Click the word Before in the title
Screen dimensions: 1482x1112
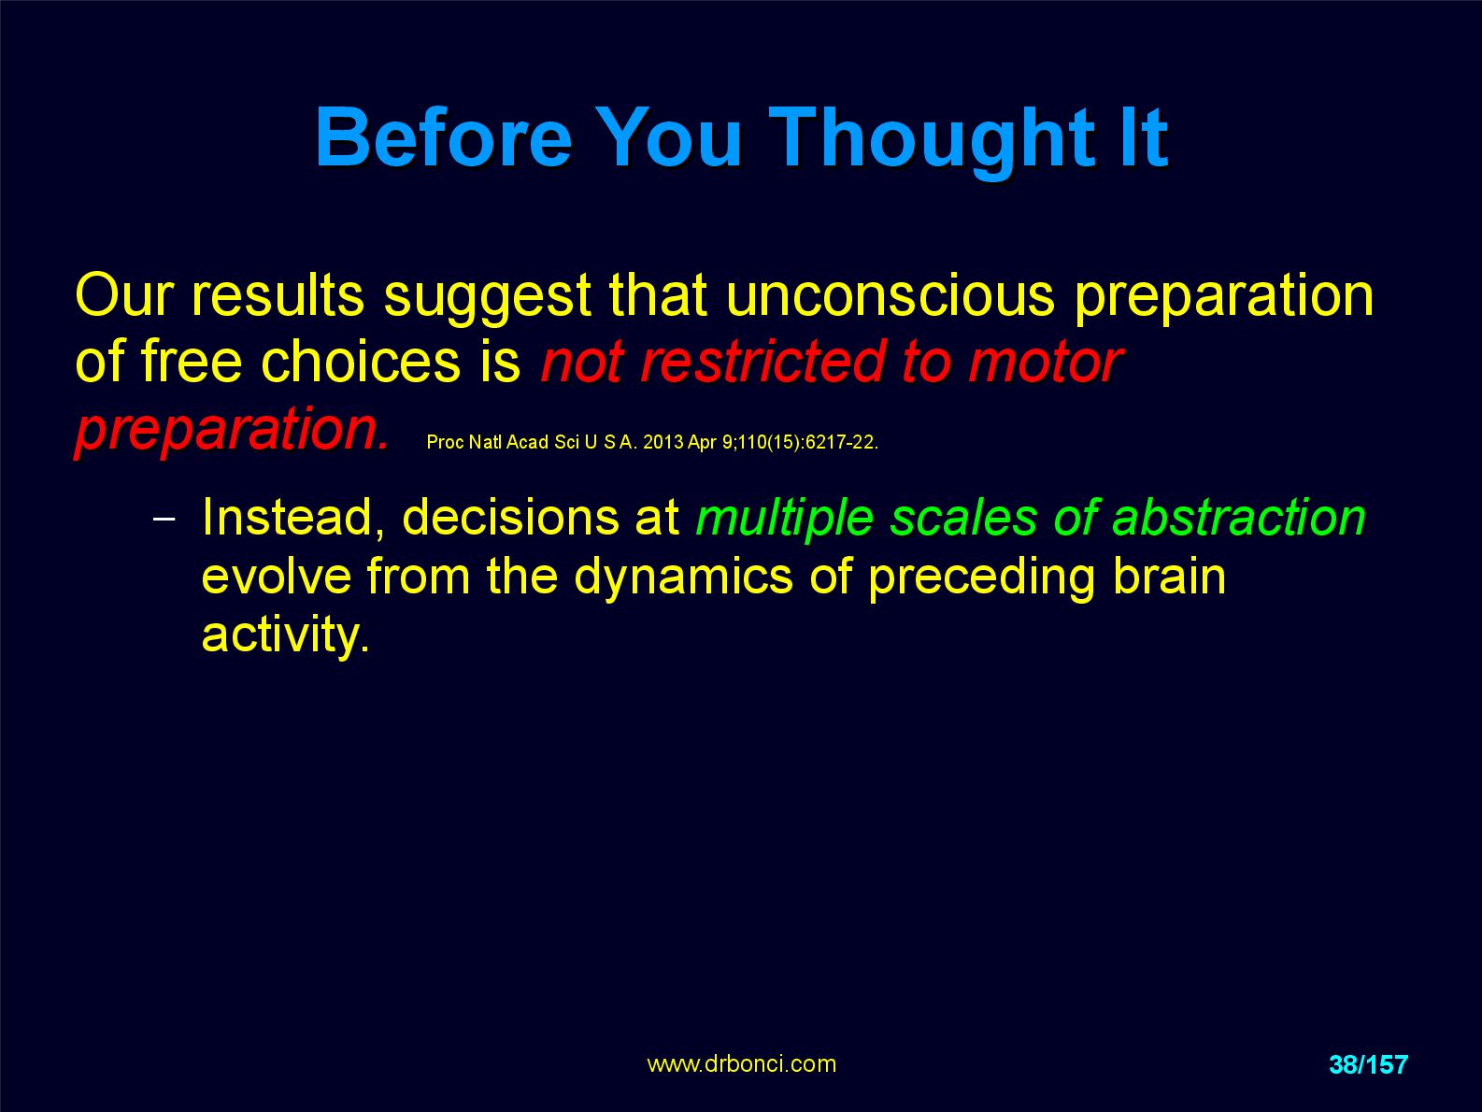444,137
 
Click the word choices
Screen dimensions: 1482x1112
361,362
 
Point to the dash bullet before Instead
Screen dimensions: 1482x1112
164,519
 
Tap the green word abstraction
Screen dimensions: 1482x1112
1238,518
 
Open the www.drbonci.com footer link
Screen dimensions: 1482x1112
741,1063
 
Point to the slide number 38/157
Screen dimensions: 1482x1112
1368,1064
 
